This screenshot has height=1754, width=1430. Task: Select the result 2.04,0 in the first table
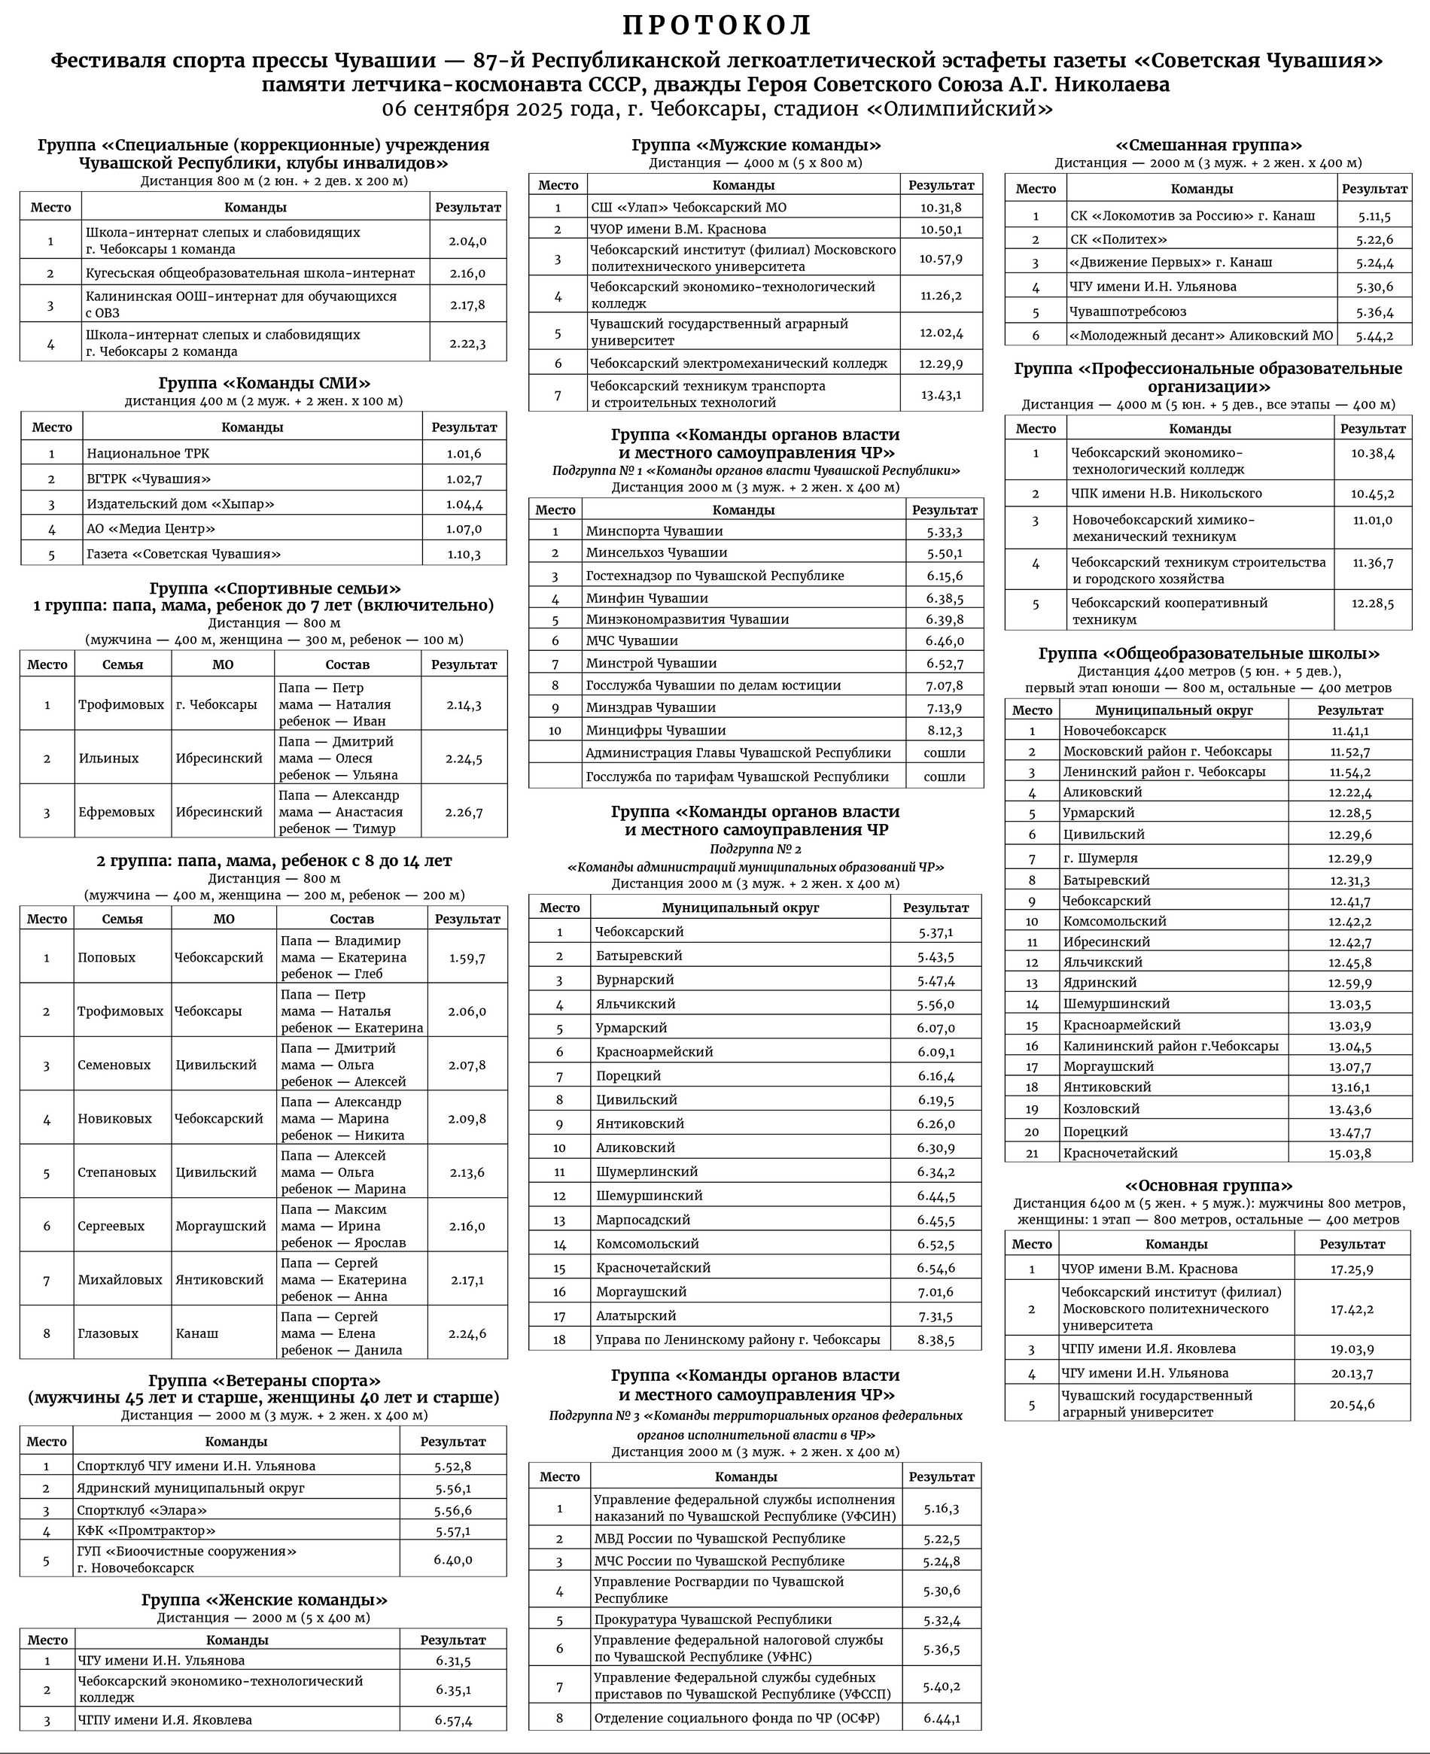tap(467, 242)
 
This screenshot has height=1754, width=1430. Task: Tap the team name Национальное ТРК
tap(148, 453)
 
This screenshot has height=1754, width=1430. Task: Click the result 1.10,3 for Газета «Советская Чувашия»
tap(464, 555)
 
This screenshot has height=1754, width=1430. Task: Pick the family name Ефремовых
tap(116, 812)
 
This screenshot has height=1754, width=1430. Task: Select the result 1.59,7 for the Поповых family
tap(467, 958)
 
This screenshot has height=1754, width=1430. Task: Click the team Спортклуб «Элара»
tap(141, 1510)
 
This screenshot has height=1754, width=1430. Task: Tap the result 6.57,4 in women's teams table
tap(453, 1720)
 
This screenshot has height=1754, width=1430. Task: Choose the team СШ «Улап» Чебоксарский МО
tap(689, 208)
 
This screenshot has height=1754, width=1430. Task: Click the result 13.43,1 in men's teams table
tap(941, 394)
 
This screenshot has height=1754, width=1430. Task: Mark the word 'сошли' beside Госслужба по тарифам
tap(944, 777)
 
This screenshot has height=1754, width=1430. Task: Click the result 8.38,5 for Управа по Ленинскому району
tap(936, 1340)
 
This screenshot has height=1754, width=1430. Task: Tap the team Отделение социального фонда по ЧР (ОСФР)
tap(736, 1719)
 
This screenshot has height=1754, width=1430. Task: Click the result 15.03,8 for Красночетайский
tap(1349, 1153)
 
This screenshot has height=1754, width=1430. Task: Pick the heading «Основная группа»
tap(1209, 1186)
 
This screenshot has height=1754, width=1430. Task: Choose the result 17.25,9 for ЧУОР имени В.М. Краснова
tap(1352, 1269)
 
